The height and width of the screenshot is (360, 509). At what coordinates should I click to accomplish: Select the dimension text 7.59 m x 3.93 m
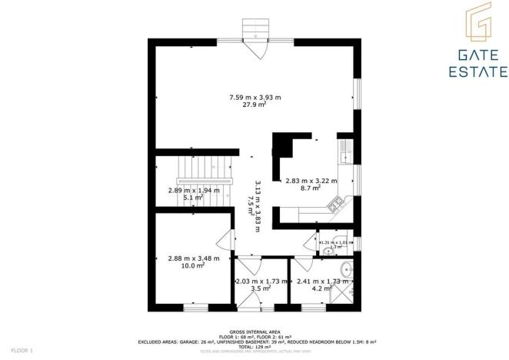click(255, 97)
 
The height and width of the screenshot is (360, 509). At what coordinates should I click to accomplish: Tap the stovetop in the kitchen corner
click(336, 205)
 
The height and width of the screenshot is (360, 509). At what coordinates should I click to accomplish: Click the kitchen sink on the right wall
click(348, 148)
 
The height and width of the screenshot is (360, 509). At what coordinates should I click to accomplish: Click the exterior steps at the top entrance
click(254, 29)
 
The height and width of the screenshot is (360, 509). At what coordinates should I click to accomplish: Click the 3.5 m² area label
click(258, 289)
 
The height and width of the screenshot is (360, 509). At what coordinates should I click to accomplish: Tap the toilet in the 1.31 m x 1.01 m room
click(328, 250)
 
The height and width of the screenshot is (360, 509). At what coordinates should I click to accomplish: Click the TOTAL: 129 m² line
click(254, 346)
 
